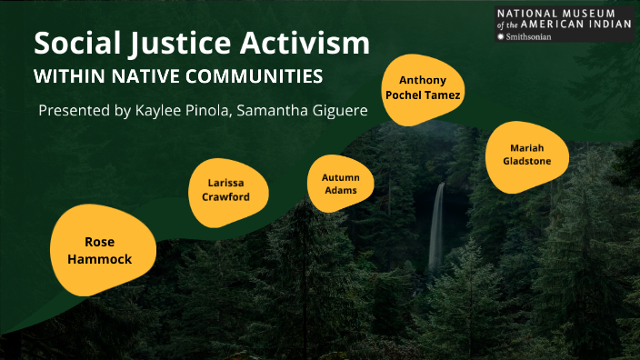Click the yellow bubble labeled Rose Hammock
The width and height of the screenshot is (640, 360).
tap(107, 250)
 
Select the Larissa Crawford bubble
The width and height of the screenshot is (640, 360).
tap(222, 189)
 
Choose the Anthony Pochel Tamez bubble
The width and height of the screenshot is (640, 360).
tap(424, 87)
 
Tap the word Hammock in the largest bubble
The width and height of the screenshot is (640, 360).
tap(108, 259)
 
